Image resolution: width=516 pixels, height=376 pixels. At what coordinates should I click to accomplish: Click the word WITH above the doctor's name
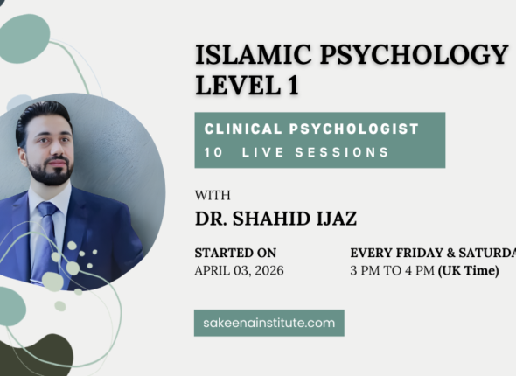pos(212,196)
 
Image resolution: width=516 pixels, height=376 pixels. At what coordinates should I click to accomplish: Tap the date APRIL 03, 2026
pos(239,271)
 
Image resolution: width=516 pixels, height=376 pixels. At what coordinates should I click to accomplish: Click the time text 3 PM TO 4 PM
pos(392,271)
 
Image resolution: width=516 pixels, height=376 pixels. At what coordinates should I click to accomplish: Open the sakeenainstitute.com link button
pos(268,323)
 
